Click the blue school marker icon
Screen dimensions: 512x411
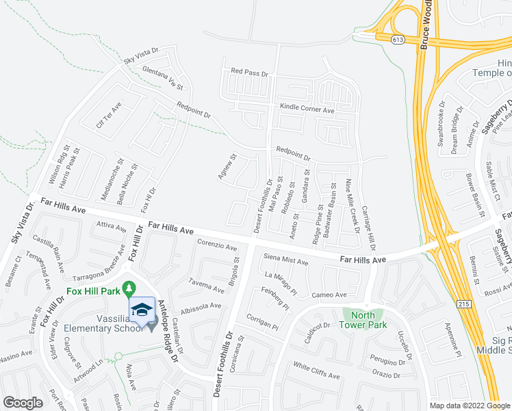coord(142,310)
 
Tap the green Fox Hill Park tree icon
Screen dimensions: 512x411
coord(127,286)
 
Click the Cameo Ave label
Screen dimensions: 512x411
coord(329,295)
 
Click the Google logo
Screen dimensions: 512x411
coord(23,403)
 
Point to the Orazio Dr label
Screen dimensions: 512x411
coord(387,375)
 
